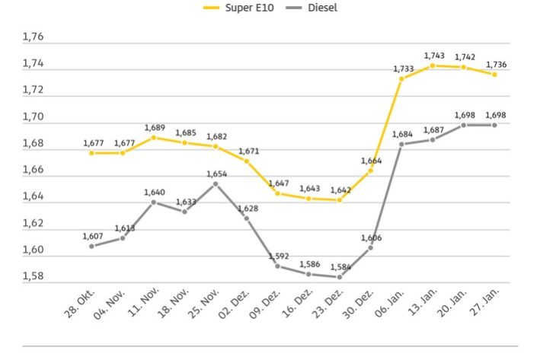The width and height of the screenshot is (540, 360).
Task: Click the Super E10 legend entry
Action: pyautogui.click(x=232, y=8)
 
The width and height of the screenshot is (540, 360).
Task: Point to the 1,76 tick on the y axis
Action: pyautogui.click(x=34, y=37)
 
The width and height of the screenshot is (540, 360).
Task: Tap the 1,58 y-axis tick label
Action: pyautogui.click(x=34, y=277)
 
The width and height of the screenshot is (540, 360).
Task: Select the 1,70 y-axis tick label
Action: pyautogui.click(x=34, y=117)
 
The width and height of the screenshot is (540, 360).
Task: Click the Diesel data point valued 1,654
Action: pyautogui.click(x=216, y=183)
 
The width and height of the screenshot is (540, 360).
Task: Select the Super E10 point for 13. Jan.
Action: pyautogui.click(x=433, y=65)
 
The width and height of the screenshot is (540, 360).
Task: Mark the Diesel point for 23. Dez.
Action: pyautogui.click(x=340, y=277)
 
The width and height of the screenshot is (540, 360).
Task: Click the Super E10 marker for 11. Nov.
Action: pyautogui.click(x=154, y=137)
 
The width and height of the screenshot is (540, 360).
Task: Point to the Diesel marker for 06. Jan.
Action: pyautogui.click(x=401, y=144)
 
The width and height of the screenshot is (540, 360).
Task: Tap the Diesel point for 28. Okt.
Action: pyautogui.click(x=91, y=246)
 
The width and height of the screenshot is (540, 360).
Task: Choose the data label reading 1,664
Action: pyautogui.click(x=370, y=160)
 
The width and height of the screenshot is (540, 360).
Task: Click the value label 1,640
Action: pyautogui.click(x=154, y=192)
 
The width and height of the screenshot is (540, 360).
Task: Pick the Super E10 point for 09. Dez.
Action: pyautogui.click(x=278, y=193)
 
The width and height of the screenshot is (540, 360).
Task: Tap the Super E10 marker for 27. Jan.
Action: pyautogui.click(x=494, y=74)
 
